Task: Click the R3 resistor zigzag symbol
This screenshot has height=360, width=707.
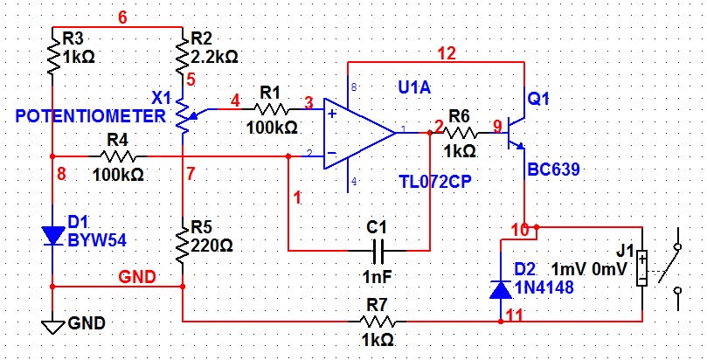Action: (x=53, y=55)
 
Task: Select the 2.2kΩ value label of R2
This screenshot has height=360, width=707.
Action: (x=215, y=57)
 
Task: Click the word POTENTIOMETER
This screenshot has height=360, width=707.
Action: (x=91, y=116)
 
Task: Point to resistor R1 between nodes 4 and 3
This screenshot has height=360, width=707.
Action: (x=272, y=109)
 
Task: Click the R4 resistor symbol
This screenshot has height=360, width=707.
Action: (x=118, y=156)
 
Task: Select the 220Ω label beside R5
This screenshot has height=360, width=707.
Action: (x=211, y=246)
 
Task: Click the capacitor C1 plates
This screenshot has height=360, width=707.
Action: (x=378, y=251)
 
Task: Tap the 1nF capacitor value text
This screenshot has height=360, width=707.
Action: (x=378, y=277)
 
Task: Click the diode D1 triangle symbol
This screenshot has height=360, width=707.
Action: (x=52, y=236)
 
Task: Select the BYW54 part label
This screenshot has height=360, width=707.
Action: (x=97, y=240)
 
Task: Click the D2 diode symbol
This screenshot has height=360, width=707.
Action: (x=501, y=289)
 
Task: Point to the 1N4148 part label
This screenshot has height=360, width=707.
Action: (x=544, y=287)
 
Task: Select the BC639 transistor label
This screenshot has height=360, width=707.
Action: (x=553, y=170)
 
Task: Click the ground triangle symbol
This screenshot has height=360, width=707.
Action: (x=52, y=328)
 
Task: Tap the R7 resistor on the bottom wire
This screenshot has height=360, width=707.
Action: (x=378, y=322)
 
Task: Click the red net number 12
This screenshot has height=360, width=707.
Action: (x=447, y=54)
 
